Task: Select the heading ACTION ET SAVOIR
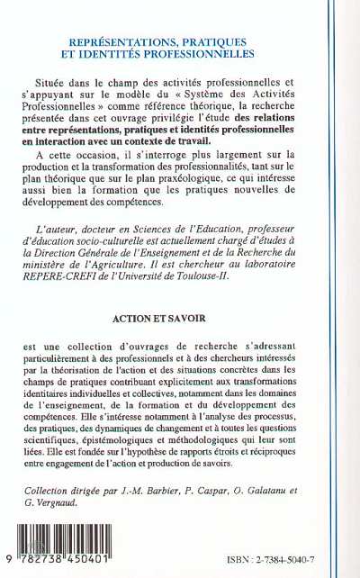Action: [180, 319]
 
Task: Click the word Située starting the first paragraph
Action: [103, 81]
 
